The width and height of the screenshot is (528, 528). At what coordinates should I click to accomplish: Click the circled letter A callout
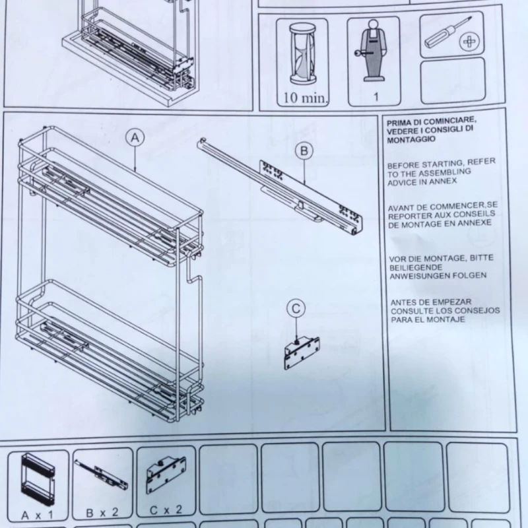[x=135, y=138]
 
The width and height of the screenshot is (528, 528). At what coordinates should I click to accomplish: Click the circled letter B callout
[x=304, y=151]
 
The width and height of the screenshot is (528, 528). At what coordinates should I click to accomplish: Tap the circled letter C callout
[x=296, y=309]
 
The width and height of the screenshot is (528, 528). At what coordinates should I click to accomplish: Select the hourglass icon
[x=303, y=54]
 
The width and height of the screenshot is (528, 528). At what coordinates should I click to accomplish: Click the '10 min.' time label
[x=305, y=98]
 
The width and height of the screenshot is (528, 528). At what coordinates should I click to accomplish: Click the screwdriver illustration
[x=447, y=32]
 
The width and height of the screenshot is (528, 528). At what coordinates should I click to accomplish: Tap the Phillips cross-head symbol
[x=469, y=42]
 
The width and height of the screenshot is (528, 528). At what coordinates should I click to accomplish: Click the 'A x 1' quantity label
[x=37, y=515]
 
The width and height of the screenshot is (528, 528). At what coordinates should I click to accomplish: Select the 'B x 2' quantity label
[x=102, y=513]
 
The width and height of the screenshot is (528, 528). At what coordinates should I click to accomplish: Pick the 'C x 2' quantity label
[x=166, y=510]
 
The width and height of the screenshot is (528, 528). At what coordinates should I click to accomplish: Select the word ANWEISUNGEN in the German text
[x=420, y=276]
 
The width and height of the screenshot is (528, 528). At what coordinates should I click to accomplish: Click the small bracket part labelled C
[x=302, y=353]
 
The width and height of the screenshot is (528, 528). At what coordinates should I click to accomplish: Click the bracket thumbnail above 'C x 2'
[x=166, y=475]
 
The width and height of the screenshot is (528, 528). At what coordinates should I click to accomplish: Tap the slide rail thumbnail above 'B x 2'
[x=101, y=475]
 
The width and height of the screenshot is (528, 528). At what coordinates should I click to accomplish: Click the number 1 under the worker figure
[x=376, y=97]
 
